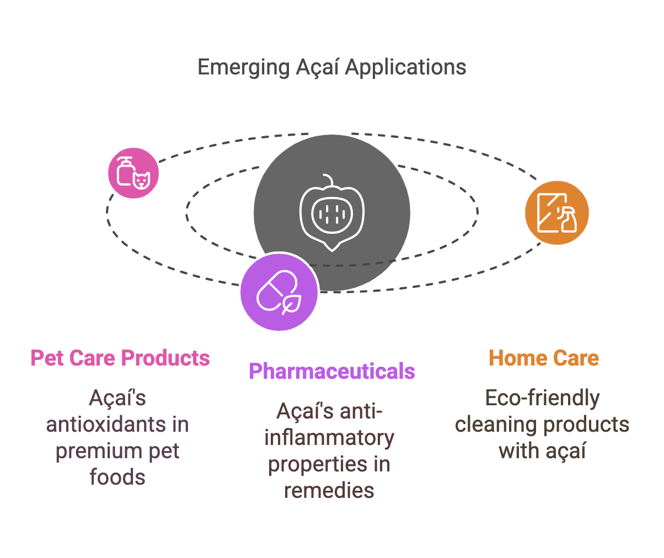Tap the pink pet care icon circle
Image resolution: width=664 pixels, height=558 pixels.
[x=133, y=173]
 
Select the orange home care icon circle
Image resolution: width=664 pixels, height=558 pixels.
[x=556, y=212]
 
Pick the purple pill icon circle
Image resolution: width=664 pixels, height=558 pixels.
[x=279, y=292]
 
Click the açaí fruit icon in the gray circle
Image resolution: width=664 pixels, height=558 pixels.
[x=331, y=213]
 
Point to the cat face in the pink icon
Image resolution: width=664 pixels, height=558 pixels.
[x=142, y=180]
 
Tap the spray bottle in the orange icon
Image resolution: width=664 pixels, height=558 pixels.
[x=567, y=220]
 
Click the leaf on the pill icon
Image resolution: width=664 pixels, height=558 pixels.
[x=291, y=303]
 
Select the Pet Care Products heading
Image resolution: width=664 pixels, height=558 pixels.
[x=120, y=358]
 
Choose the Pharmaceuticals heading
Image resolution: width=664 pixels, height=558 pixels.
[x=331, y=371]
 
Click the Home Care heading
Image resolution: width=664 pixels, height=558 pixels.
[x=544, y=358]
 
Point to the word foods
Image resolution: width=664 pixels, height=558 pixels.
[x=117, y=477]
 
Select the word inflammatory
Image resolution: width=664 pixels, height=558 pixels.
[x=329, y=438]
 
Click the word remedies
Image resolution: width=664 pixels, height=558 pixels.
[x=329, y=490]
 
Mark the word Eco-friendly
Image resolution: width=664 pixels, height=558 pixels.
[x=542, y=398]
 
